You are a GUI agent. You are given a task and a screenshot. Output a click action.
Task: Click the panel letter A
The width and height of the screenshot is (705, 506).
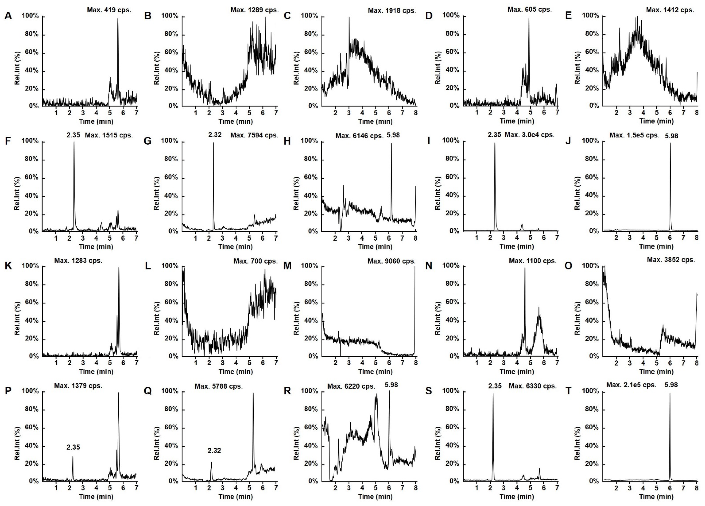pos(8,16)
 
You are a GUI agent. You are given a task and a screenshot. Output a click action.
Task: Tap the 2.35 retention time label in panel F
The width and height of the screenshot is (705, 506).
pos(73,135)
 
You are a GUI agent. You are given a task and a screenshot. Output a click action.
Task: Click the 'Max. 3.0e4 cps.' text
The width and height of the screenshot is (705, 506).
pos(529,135)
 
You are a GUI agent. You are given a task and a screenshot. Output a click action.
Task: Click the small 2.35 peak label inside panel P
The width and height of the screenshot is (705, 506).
pos(73,447)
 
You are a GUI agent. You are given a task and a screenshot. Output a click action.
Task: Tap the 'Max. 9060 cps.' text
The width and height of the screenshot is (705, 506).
pos(391,261)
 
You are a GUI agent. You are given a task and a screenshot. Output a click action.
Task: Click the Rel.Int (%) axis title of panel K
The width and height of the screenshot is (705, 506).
pos(17,318)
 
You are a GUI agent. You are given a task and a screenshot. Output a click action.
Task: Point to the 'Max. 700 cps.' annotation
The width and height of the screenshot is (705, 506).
pos(255,261)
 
